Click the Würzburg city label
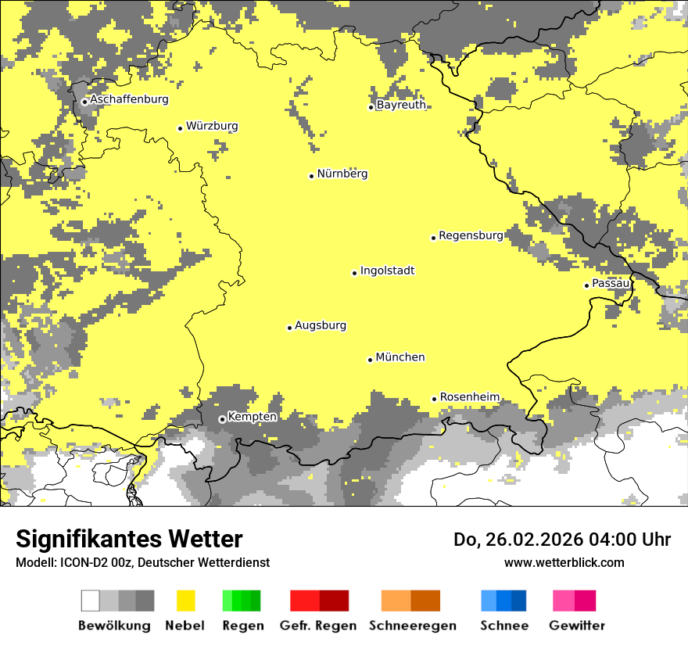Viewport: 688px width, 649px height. click(x=212, y=126)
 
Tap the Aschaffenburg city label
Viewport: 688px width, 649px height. click(x=129, y=99)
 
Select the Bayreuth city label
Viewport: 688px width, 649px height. click(x=401, y=105)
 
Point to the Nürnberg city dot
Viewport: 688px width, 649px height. click(x=311, y=176)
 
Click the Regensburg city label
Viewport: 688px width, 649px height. click(x=471, y=235)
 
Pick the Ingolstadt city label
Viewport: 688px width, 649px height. click(x=387, y=271)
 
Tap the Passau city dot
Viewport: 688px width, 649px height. click(x=586, y=285)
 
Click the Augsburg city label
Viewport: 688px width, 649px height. click(x=321, y=325)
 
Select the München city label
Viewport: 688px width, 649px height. click(x=400, y=357)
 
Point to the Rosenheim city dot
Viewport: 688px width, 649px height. click(x=434, y=399)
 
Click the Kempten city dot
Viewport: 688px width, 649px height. click(x=222, y=419)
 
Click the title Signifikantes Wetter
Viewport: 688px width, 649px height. click(x=129, y=540)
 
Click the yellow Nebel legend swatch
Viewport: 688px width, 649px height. click(x=185, y=601)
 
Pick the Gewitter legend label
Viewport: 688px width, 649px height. click(x=576, y=626)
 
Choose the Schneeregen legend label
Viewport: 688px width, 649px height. click(x=412, y=626)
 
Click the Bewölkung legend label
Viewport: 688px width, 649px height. click(x=114, y=626)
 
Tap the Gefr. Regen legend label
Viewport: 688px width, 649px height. click(x=317, y=626)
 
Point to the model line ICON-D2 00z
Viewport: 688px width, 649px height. click(x=142, y=562)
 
